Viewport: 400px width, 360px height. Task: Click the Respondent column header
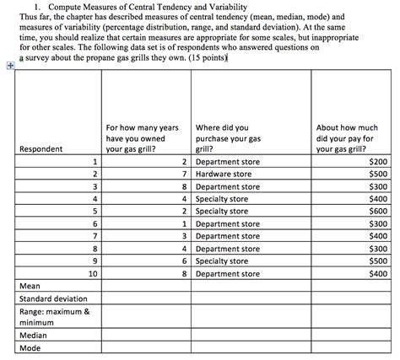coord(41,149)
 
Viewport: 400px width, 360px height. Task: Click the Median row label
coord(35,333)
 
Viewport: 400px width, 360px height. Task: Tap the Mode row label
coord(31,347)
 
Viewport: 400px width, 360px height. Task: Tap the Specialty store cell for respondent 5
coord(221,211)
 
